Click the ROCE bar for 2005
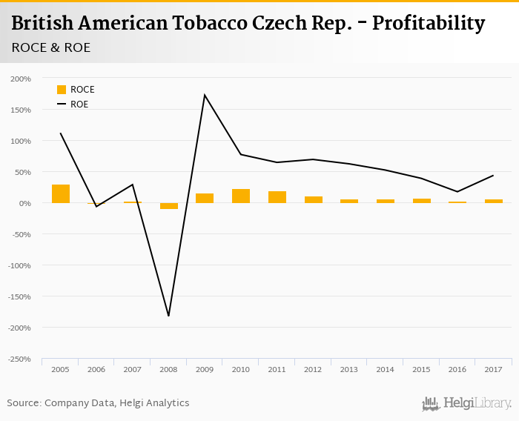tap(61, 193)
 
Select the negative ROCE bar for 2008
tap(169, 206)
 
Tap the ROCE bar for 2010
tap(241, 196)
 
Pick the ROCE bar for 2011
tap(277, 197)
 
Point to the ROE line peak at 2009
tap(205, 95)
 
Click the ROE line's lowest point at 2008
tap(169, 316)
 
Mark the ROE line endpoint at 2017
tap(493, 176)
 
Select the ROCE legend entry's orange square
tap(62, 90)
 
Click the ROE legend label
tap(79, 105)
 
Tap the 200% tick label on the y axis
tap(21, 79)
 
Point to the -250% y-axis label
tap(19, 359)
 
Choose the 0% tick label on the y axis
tap(25, 203)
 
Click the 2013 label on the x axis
tap(349, 369)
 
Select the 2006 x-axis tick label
tap(96, 369)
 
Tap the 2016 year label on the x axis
tap(457, 369)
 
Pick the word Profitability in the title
tap(428, 24)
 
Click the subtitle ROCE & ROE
tap(51, 47)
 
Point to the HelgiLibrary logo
tap(466, 403)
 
